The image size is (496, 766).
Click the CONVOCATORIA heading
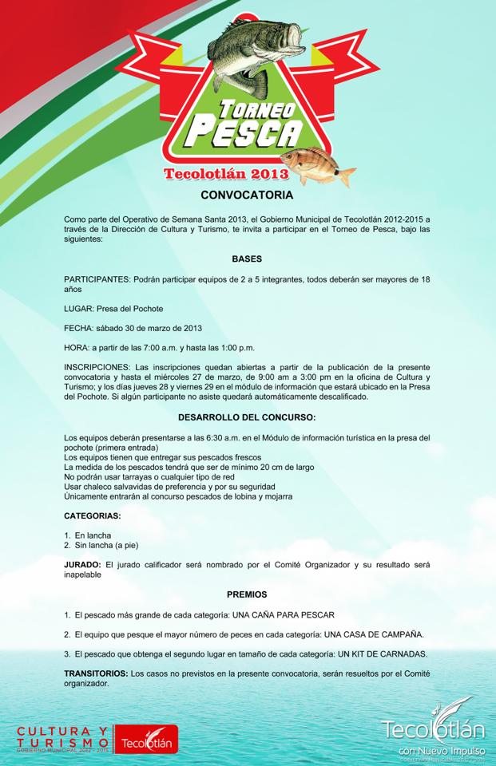(247, 195)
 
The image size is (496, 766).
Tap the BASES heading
(247, 259)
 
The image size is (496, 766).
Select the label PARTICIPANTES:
(97, 279)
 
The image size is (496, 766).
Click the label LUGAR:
(79, 309)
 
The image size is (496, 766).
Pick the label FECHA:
(79, 328)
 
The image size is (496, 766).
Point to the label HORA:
(77, 347)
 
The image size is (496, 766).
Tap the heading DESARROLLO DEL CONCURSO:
(247, 417)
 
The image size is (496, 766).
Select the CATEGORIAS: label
(93, 516)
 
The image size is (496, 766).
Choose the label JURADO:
(82, 564)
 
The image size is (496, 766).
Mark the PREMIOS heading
(247, 594)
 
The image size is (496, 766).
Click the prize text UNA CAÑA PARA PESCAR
(283, 615)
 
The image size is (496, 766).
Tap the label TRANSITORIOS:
(96, 673)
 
